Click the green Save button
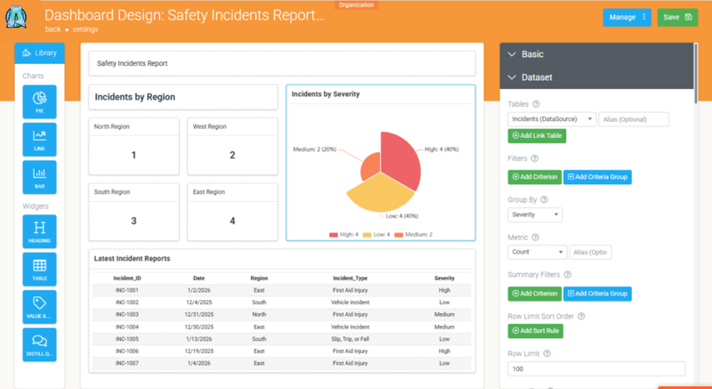point(678,17)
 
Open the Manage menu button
point(627,17)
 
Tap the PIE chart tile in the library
point(39,102)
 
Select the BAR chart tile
point(39,177)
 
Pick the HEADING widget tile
point(39,231)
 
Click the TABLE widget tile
point(39,269)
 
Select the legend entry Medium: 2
point(413,234)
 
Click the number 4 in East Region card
point(233,221)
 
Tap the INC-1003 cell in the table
point(127,314)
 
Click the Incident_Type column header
point(350,278)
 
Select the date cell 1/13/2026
point(199,339)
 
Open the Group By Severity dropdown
point(535,215)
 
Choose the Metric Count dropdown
point(537,252)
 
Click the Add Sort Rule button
point(535,331)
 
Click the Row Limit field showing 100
point(596,369)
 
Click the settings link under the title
point(85,29)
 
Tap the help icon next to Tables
point(536,104)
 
